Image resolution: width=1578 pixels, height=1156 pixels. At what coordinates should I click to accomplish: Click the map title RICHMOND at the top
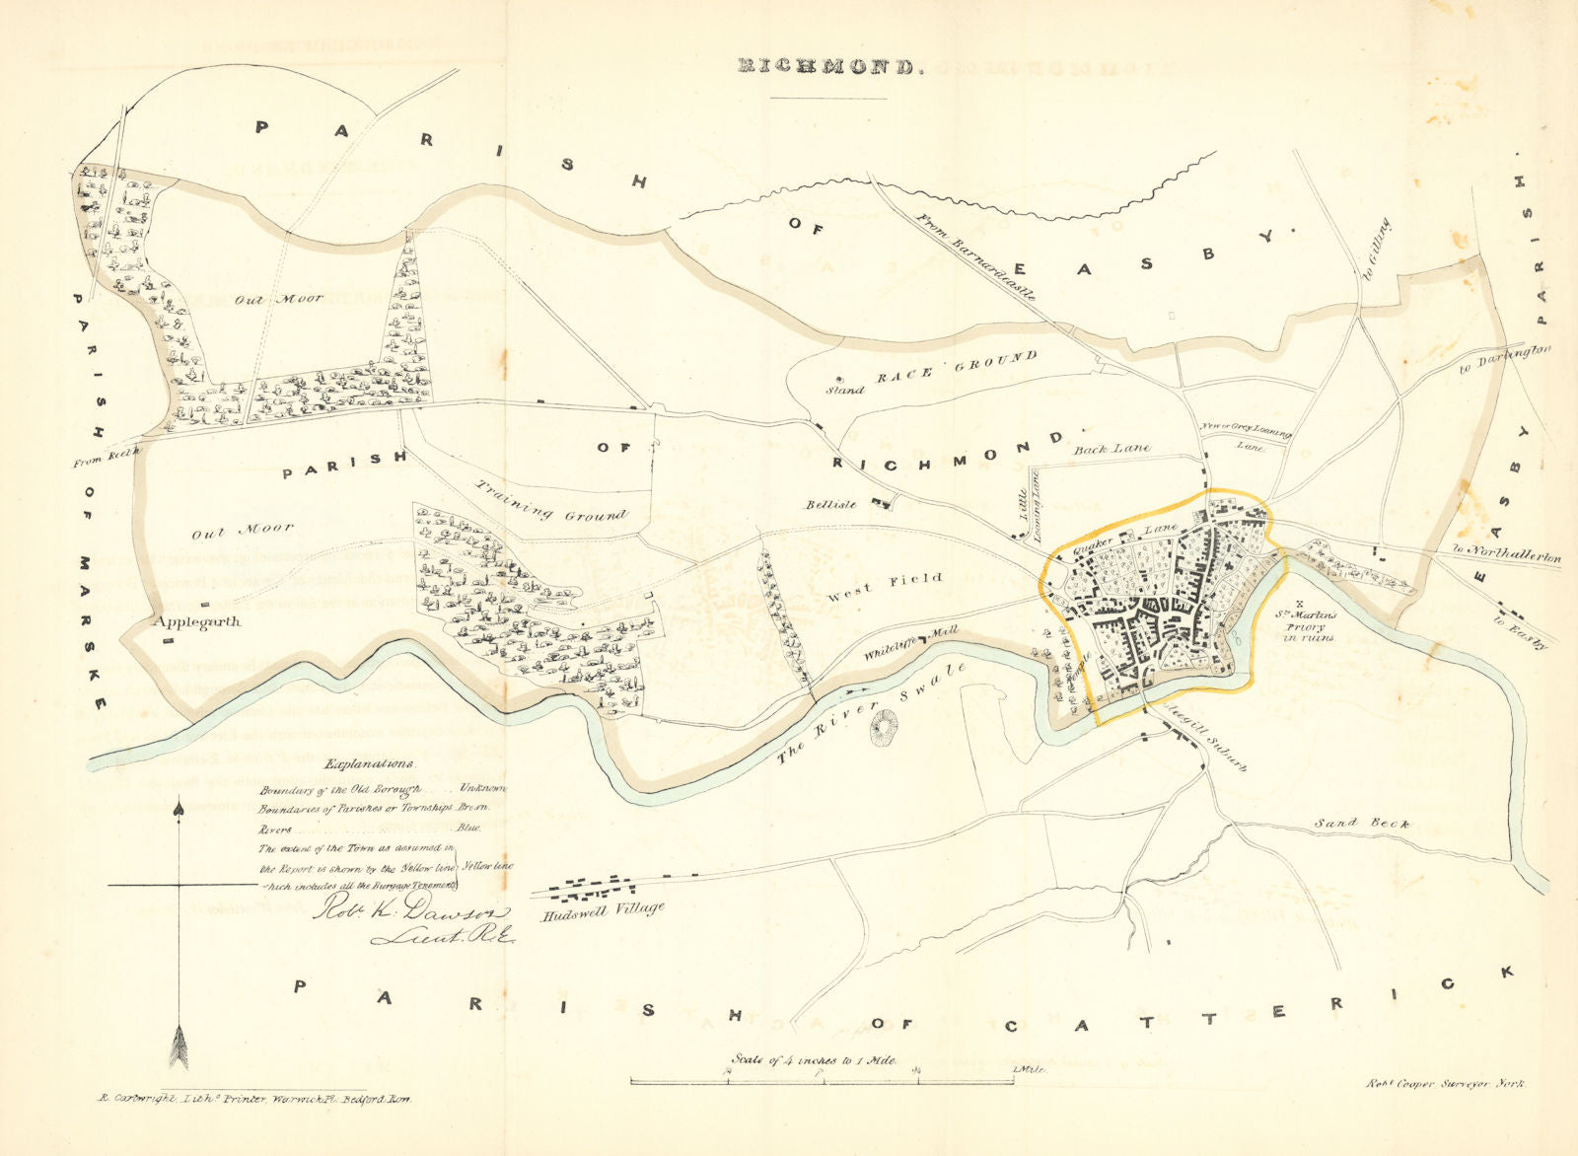(828, 67)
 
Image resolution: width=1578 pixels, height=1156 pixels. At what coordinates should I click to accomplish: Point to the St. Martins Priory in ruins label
(1309, 626)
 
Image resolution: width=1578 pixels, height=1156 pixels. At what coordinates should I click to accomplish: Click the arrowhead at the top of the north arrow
(179, 809)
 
